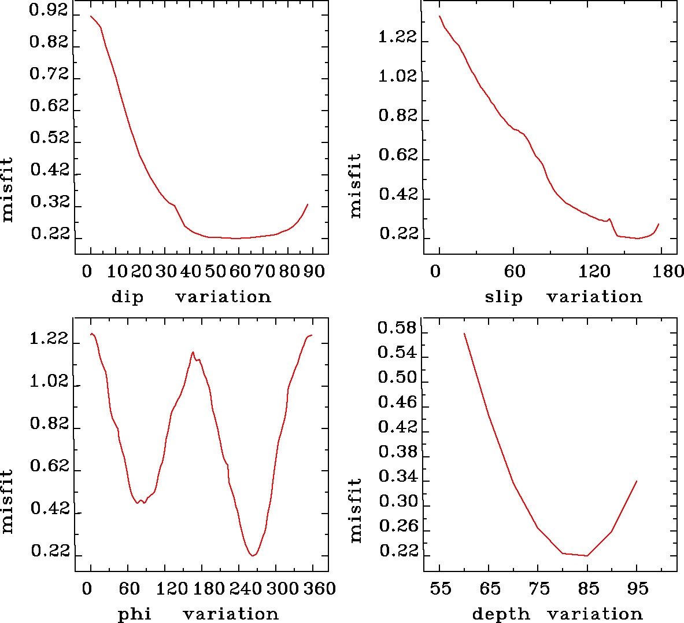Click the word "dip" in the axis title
point(127,297)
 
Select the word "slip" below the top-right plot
point(504,297)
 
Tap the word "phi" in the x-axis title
point(135,614)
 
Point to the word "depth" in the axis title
point(501,614)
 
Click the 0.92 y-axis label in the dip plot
point(49,11)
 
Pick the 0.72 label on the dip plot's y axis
point(49,75)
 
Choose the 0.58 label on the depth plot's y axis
point(397,328)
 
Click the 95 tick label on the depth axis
point(638,589)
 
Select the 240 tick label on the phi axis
point(245,589)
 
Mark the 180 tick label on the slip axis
point(670,272)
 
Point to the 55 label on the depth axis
point(440,589)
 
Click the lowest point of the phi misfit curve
point(253,556)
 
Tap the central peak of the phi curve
point(193,352)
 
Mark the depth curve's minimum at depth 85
point(587,556)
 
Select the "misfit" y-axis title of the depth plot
point(356,510)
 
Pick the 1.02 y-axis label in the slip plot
point(397,77)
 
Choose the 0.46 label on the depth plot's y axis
point(397,402)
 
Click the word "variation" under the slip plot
point(594,297)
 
